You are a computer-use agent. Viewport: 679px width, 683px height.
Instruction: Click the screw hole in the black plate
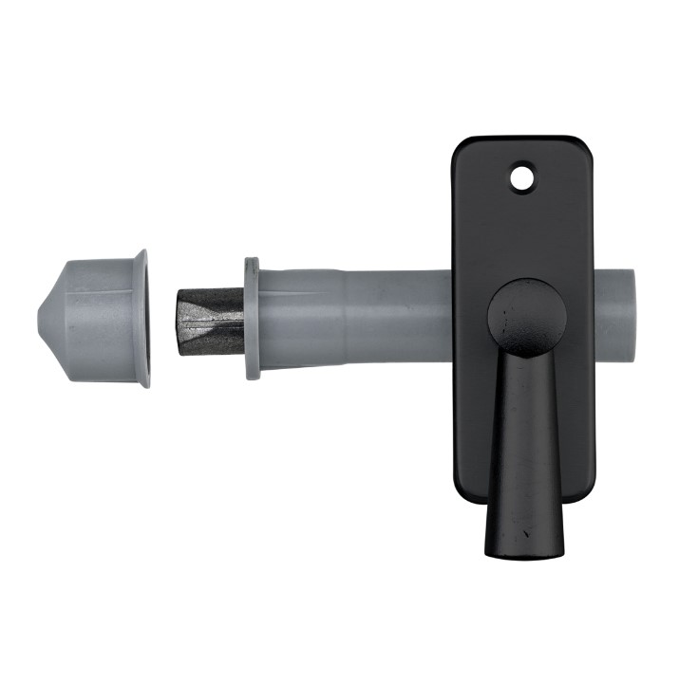click(521, 177)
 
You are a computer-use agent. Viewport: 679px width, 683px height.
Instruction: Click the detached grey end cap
click(100, 318)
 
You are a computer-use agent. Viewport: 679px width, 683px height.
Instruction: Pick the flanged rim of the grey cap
click(142, 318)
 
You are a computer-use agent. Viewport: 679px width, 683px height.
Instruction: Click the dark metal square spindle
click(210, 321)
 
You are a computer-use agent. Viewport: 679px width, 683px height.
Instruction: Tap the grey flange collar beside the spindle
click(253, 318)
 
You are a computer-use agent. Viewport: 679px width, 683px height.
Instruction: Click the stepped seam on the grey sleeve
click(347, 318)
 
